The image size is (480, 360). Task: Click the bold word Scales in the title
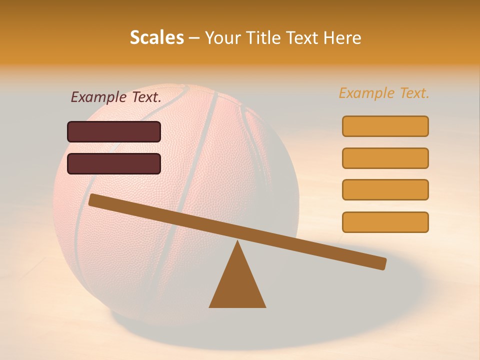pyautogui.click(x=156, y=37)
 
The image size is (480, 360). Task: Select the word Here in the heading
pyautogui.click(x=341, y=37)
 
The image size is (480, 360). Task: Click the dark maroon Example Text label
pyautogui.click(x=116, y=97)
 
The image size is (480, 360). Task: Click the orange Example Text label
pyautogui.click(x=384, y=93)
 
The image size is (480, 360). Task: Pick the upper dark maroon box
pyautogui.click(x=114, y=131)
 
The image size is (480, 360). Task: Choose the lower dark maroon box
pyautogui.click(x=114, y=163)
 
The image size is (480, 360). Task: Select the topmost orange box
pyautogui.click(x=385, y=126)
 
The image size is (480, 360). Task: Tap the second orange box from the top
pyautogui.click(x=385, y=158)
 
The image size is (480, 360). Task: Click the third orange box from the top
pyautogui.click(x=385, y=189)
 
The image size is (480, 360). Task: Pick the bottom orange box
pyautogui.click(x=385, y=222)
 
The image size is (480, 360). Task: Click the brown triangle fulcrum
pyautogui.click(x=237, y=285)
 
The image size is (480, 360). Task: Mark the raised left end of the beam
pyautogui.click(x=92, y=199)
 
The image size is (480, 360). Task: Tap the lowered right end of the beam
pyautogui.click(x=383, y=263)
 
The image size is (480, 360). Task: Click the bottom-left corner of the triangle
pyautogui.click(x=210, y=306)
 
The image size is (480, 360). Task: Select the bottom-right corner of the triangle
pyautogui.click(x=265, y=306)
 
